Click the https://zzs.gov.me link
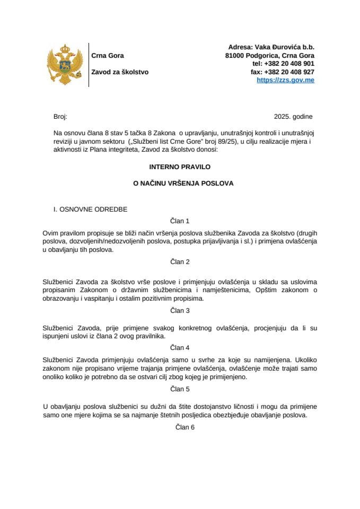pyautogui.click(x=285, y=80)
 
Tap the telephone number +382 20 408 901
pyautogui.click(x=289, y=64)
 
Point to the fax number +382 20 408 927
pyautogui.click(x=289, y=72)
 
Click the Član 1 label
pyautogui.click(x=180, y=221)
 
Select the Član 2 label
pyautogui.click(x=180, y=262)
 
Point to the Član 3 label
pyautogui.click(x=180, y=310)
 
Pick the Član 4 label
pyautogui.click(x=180, y=348)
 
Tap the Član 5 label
pyautogui.click(x=180, y=389)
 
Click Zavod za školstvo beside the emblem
pyautogui.click(x=120, y=72)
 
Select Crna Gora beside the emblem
pyautogui.click(x=108, y=56)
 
